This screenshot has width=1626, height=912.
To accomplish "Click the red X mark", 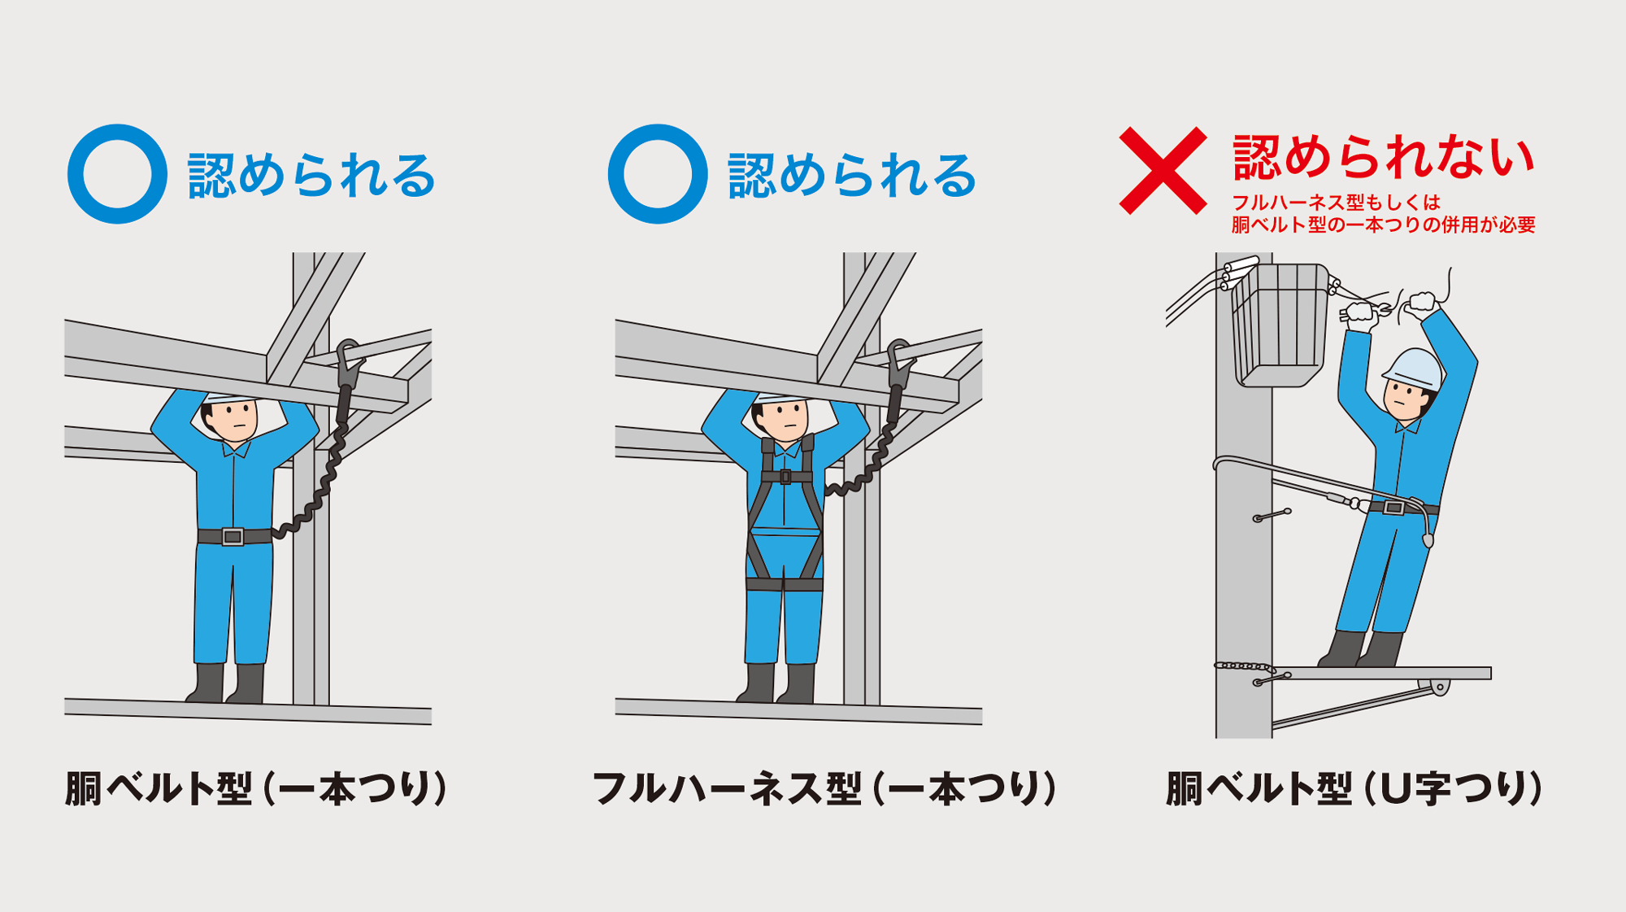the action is (x=1163, y=171).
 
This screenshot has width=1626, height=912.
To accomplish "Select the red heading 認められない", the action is (x=1383, y=157).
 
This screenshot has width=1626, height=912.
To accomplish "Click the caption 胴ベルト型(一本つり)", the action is (x=256, y=788).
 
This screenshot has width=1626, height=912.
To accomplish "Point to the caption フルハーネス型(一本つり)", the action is (x=824, y=788).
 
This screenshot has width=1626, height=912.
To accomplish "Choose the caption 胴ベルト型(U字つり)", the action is (x=1354, y=788).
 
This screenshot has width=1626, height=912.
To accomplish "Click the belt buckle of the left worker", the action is (x=233, y=537).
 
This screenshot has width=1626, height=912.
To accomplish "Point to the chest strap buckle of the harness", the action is (x=785, y=477).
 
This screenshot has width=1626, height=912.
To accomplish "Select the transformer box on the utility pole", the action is (x=1280, y=325).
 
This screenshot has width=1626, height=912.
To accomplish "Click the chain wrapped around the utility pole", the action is (x=1243, y=666).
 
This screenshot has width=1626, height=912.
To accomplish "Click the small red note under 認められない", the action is (x=1383, y=214).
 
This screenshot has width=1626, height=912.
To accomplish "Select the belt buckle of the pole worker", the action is (x=1393, y=508).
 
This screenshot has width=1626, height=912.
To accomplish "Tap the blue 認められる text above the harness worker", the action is (x=851, y=175).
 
